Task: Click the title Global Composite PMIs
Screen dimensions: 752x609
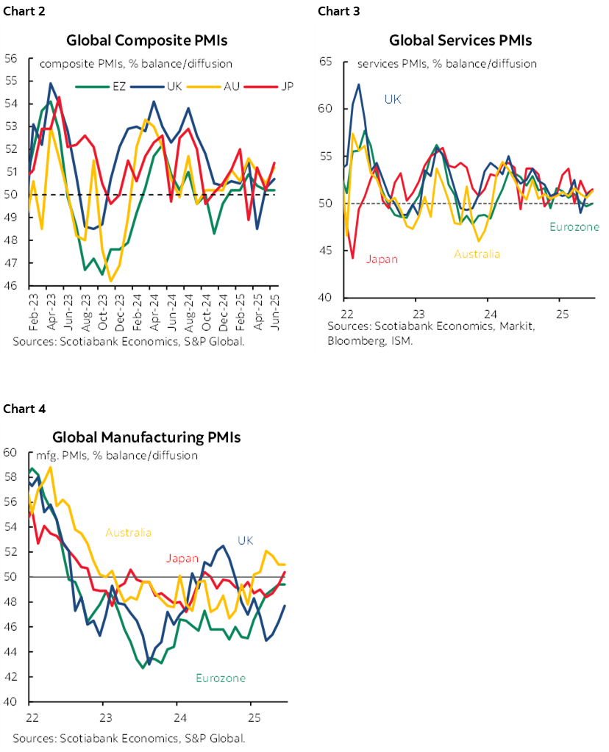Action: [x=146, y=40]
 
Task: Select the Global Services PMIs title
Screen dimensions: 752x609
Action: [x=460, y=40]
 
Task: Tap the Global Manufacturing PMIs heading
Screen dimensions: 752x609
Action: [x=146, y=437]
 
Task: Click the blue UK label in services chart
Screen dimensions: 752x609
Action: [x=393, y=99]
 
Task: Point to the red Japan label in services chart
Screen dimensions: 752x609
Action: [x=382, y=259]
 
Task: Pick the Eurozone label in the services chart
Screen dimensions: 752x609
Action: [x=574, y=227]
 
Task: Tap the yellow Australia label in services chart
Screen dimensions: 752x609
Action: [x=477, y=254]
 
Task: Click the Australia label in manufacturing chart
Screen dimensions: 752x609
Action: [x=129, y=532]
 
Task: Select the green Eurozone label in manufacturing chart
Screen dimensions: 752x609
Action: [x=221, y=678]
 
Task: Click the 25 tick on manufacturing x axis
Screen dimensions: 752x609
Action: [x=253, y=717]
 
